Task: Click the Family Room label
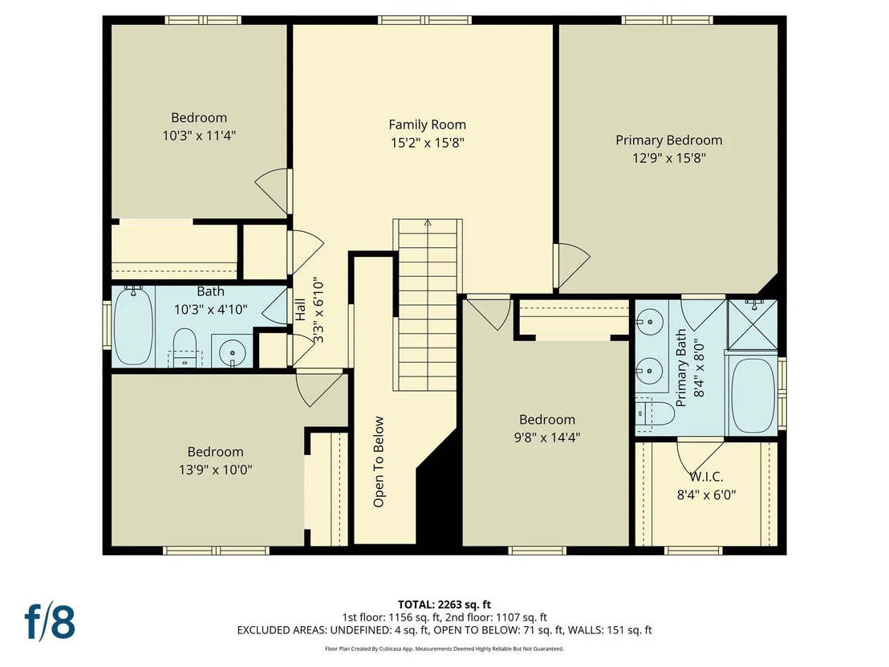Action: tap(427, 124)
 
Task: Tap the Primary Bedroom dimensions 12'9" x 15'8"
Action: tap(669, 157)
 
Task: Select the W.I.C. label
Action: tap(706, 477)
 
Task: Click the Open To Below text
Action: tap(379, 462)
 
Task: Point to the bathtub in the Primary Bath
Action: tap(753, 396)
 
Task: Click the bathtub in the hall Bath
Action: tap(134, 326)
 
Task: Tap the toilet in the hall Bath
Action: tap(185, 347)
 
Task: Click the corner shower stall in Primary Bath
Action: tap(753, 325)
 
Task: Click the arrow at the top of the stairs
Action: tap(428, 222)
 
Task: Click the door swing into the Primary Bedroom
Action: tap(572, 266)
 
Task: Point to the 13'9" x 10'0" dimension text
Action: tap(216, 470)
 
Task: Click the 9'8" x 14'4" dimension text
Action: tap(547, 437)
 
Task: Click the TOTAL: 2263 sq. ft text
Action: tap(444, 604)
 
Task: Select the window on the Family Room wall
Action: tap(424, 20)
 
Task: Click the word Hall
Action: tap(300, 309)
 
